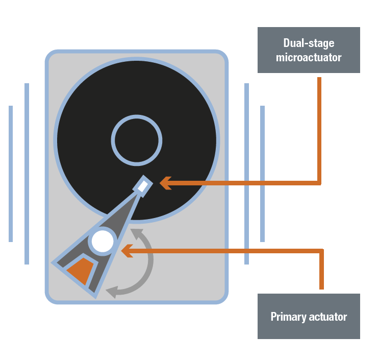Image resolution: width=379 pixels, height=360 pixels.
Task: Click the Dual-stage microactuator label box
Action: click(x=309, y=50)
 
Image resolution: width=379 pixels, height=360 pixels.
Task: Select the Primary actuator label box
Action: click(x=309, y=316)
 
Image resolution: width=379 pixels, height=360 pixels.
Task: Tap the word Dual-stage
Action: click(x=309, y=43)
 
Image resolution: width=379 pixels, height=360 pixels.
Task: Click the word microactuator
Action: click(x=309, y=57)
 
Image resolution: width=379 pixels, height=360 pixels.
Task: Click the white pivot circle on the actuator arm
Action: click(x=103, y=242)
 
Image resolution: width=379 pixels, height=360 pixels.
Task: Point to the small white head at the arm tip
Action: click(x=144, y=185)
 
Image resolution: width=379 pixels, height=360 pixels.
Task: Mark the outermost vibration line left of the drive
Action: click(x=11, y=174)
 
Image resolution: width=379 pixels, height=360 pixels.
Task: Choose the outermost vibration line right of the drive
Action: click(x=262, y=174)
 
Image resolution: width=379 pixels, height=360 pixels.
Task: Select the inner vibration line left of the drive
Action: click(x=27, y=174)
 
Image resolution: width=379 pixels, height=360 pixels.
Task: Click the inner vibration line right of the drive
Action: click(x=246, y=174)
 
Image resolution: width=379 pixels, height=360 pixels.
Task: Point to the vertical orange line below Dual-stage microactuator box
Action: click(x=319, y=128)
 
